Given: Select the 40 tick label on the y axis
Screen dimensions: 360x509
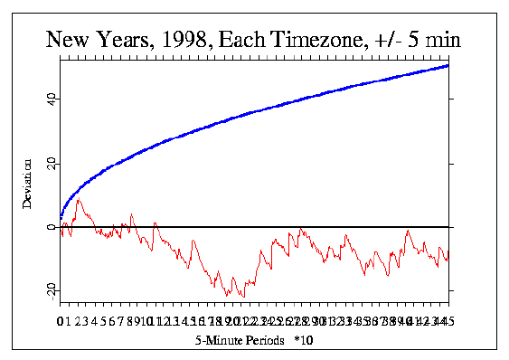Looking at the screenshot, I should [52, 99].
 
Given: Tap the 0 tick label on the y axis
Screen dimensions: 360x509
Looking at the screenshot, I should [52, 227].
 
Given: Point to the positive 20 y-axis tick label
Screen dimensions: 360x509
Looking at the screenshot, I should [52, 163].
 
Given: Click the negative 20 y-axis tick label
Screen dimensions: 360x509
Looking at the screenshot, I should [52, 289].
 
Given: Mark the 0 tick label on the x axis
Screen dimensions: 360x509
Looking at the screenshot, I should [60, 321].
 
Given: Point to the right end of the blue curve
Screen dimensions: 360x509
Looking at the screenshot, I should [448, 65].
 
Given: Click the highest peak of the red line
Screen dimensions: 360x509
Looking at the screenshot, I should [79, 201].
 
